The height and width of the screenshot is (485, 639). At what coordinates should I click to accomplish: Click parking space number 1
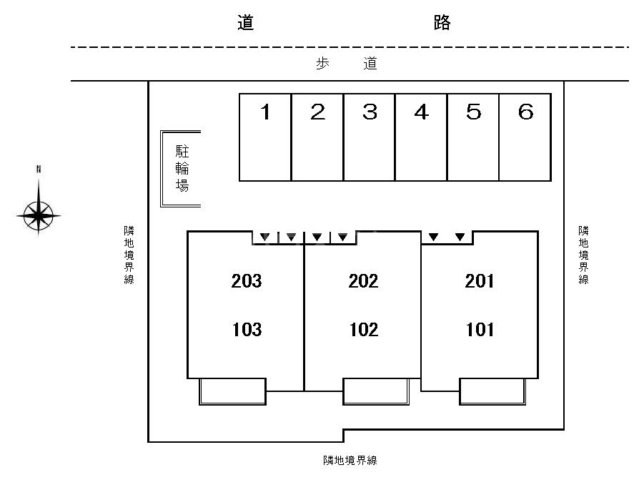click(x=265, y=137)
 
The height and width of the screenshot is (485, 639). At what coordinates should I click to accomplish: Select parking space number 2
click(x=317, y=137)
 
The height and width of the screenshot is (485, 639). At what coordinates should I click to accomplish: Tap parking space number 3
click(x=370, y=137)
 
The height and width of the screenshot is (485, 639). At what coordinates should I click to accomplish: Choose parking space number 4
click(x=422, y=137)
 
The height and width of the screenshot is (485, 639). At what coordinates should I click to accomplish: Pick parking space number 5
click(x=473, y=137)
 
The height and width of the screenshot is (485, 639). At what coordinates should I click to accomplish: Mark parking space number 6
click(x=525, y=137)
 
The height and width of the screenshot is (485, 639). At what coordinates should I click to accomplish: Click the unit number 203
click(x=247, y=281)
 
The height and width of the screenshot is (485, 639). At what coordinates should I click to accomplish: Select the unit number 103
click(x=247, y=330)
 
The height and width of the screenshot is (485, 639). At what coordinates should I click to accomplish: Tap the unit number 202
click(x=363, y=281)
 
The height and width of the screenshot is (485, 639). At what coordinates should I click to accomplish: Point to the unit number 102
click(x=363, y=330)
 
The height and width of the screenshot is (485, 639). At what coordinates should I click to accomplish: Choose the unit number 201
click(x=480, y=281)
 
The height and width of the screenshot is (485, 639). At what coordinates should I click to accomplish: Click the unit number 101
click(x=480, y=330)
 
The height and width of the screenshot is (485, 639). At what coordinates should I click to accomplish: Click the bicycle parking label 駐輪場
click(x=182, y=169)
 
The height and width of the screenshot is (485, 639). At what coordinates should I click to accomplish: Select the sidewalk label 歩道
click(x=347, y=64)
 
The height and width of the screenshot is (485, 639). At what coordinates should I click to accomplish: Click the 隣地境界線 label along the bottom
click(x=350, y=461)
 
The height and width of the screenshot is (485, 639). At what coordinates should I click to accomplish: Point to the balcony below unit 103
click(x=232, y=391)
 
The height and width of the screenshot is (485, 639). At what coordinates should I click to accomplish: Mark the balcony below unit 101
click(x=492, y=391)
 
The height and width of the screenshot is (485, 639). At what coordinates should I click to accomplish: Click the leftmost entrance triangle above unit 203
click(x=264, y=237)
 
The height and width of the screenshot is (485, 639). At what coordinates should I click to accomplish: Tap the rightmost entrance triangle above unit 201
click(x=460, y=237)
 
